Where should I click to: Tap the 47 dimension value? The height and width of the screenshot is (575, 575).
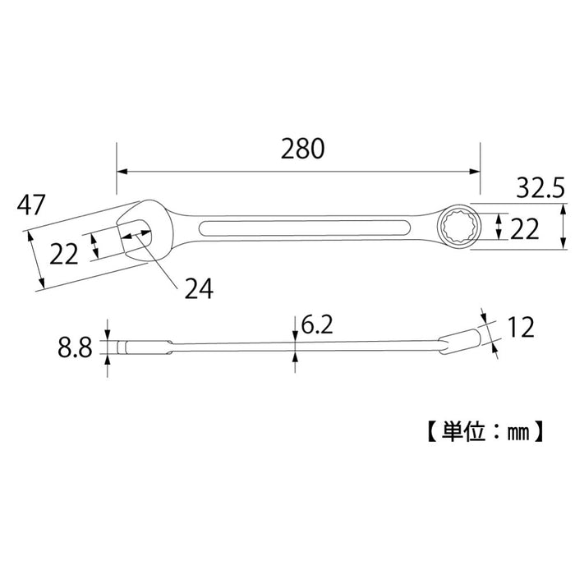34,205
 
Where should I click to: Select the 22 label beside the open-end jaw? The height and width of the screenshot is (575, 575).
64,255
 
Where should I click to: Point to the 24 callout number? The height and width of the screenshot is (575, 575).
199,287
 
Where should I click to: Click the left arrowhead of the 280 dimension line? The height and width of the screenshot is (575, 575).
122,172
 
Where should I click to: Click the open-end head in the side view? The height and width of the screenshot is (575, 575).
140,349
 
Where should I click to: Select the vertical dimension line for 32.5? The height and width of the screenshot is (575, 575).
563,226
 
